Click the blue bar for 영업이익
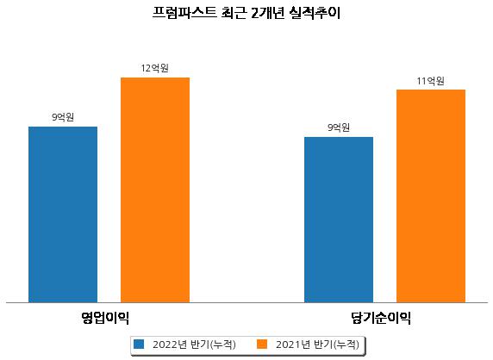(63, 214)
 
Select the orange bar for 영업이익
(155, 190)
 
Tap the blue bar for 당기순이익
(339, 220)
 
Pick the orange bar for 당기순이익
(431, 196)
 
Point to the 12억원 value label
(154, 68)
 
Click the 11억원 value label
(430, 81)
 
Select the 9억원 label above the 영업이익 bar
(63, 117)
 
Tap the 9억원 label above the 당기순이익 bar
(339, 127)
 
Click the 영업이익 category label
(105, 318)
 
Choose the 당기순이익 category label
(381, 318)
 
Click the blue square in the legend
(139, 344)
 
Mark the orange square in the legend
(262, 344)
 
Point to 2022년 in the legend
(170, 344)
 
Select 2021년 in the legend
(293, 344)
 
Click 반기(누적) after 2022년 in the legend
(213, 344)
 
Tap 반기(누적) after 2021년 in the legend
(336, 344)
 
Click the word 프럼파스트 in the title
(184, 13)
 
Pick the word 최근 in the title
(234, 13)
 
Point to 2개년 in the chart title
(267, 13)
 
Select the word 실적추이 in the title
(315, 13)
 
